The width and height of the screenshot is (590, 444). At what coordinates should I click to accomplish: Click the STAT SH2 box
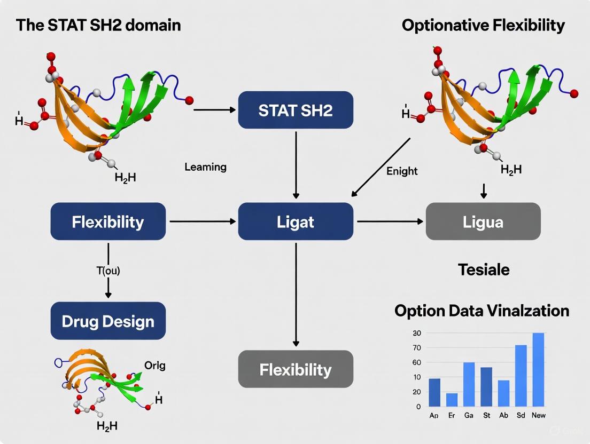tap(296, 110)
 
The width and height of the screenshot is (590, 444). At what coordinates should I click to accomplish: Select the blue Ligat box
tap(296, 221)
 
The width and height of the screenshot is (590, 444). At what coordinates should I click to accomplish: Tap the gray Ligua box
tap(483, 221)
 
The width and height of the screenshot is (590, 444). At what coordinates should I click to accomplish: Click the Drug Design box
tap(108, 321)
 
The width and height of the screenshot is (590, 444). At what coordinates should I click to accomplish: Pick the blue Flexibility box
tap(108, 221)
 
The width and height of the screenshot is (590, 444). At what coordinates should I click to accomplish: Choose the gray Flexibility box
tap(296, 369)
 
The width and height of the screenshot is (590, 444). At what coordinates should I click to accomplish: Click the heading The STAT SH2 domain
tap(98, 26)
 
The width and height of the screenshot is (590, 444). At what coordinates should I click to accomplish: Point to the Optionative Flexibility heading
tap(483, 26)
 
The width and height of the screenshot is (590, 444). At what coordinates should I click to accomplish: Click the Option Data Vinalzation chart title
tap(482, 311)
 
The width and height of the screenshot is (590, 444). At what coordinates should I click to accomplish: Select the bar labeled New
tap(538, 369)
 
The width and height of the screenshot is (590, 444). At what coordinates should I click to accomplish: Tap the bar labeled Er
tap(452, 399)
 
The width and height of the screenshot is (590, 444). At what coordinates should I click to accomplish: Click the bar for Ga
tap(469, 384)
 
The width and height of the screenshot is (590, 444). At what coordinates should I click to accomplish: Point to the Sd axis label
tap(521, 415)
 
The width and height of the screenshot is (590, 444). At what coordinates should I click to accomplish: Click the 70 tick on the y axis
tap(417, 348)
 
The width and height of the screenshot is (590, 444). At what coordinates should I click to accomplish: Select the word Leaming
tap(205, 167)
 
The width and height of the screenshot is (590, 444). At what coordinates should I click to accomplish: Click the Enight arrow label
tap(402, 171)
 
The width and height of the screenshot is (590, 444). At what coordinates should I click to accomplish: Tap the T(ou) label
tap(108, 271)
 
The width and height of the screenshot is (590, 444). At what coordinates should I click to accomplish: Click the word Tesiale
tap(484, 269)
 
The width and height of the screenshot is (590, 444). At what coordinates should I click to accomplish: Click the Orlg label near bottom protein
tap(155, 366)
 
